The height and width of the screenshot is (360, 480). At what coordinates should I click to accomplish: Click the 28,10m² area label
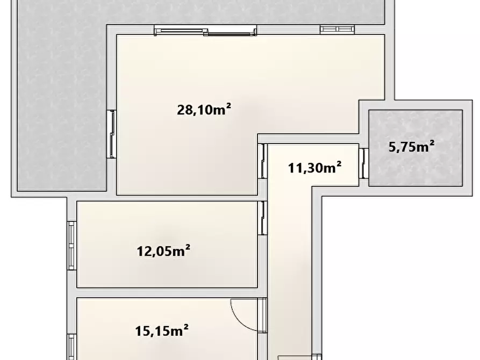(204, 109)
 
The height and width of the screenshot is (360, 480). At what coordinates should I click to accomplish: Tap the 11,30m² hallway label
(314, 168)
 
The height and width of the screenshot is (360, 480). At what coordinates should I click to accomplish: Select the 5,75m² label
(411, 147)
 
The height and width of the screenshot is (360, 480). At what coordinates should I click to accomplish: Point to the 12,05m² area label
(163, 251)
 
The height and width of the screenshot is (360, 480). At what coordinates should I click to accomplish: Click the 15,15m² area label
(162, 331)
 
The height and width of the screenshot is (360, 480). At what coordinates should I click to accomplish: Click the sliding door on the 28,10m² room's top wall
(205, 30)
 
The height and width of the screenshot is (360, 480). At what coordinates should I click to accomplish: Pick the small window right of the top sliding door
(338, 30)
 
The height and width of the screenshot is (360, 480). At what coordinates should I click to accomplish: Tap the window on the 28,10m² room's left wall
(111, 134)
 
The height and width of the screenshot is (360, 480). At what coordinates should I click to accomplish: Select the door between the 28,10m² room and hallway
(263, 161)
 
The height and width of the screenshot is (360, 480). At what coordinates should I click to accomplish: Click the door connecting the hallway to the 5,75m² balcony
(364, 163)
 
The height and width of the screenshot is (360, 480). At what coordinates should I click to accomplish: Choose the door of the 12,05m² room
(263, 218)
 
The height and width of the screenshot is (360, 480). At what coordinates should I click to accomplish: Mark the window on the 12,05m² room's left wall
(71, 246)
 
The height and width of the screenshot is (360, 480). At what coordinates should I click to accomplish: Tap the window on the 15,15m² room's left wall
(71, 347)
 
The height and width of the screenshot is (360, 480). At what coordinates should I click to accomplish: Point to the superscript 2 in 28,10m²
(228, 105)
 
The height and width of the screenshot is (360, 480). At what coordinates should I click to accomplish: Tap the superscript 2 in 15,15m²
(185, 327)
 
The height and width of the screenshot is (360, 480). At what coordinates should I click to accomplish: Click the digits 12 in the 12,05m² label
(144, 251)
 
